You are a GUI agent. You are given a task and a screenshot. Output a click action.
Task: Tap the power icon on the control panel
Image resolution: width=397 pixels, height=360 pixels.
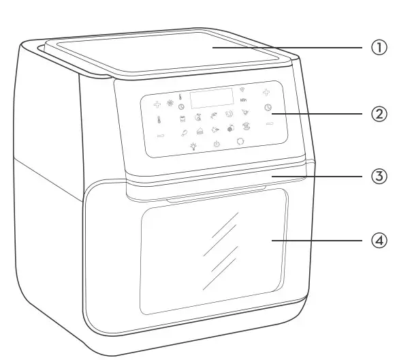pos(217,144)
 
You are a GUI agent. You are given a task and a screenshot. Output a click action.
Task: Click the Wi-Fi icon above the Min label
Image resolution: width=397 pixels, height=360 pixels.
pos(242,90)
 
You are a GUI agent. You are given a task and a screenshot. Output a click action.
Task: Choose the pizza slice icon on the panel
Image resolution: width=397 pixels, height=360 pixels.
pos(246,112)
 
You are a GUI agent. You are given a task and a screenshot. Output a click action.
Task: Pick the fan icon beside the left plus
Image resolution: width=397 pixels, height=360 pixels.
pos(170,104)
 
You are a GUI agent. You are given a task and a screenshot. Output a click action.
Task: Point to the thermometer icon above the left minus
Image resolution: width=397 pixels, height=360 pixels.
pos(158,121)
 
